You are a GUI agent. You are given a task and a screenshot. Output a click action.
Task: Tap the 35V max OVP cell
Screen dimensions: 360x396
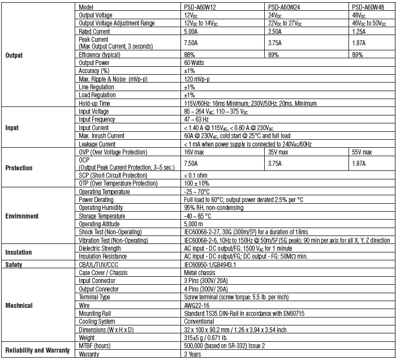coord(280,152)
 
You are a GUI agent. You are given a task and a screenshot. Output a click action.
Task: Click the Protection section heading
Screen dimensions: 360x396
coord(19,168)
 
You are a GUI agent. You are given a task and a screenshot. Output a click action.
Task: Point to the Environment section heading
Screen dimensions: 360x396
coord(21,216)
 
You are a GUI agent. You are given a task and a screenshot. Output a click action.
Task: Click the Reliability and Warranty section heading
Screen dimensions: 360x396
coord(37,350)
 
